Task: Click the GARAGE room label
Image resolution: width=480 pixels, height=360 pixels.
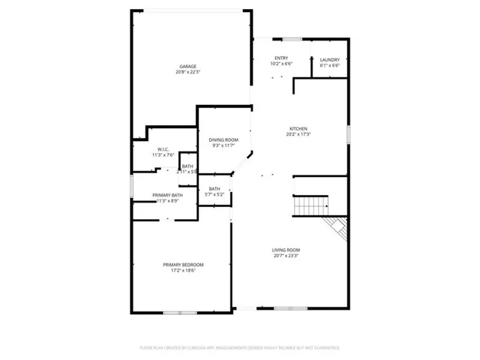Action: point(187,66)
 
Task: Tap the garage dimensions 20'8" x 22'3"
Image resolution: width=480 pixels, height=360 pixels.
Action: point(187,73)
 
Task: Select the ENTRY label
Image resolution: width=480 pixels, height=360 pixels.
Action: point(281,58)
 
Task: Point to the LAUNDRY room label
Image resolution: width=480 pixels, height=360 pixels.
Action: point(330,60)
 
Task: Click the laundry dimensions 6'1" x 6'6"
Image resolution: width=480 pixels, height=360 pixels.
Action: point(330,66)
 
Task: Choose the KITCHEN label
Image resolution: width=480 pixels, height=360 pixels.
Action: point(298,128)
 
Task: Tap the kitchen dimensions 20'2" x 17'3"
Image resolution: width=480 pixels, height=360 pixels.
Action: point(298,135)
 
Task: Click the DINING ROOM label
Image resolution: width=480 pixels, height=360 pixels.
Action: point(223,139)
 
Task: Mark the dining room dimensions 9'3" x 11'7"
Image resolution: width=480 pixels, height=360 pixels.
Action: point(223,146)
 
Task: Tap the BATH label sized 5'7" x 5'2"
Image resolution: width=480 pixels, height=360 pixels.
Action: point(214,189)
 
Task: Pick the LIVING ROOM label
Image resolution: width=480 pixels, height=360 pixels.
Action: point(286,250)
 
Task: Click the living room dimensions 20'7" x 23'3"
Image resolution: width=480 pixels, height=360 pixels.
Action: point(286,256)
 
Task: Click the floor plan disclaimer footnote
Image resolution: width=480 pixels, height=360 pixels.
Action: point(240,348)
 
